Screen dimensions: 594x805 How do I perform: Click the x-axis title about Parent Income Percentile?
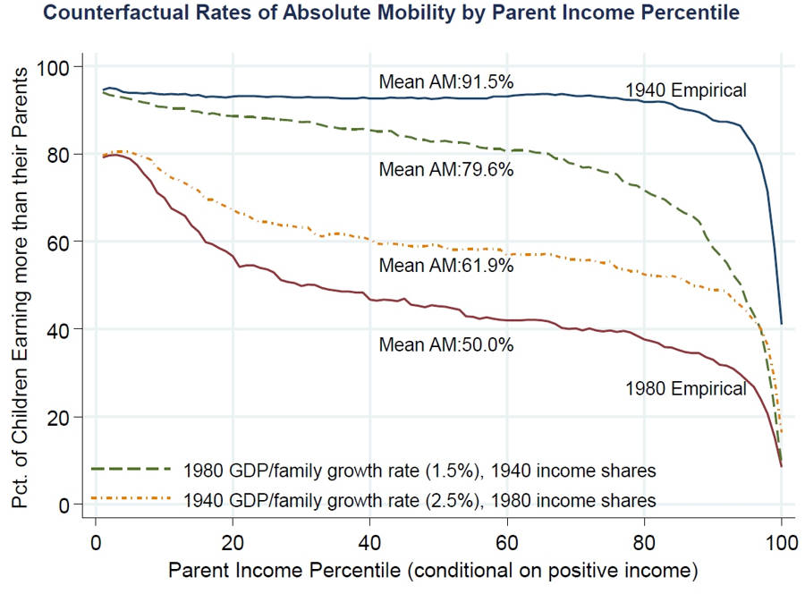click(x=438, y=568)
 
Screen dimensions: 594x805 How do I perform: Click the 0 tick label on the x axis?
click(x=95, y=542)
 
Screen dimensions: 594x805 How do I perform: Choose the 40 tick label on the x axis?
click(x=369, y=542)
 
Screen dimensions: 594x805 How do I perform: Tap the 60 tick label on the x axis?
click(x=507, y=542)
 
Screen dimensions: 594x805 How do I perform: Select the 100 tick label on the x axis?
click(x=781, y=542)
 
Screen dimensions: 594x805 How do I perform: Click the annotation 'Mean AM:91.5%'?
click(x=446, y=81)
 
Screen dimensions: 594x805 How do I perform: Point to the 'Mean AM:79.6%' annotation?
click(x=446, y=168)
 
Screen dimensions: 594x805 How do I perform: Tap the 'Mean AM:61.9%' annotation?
click(x=446, y=265)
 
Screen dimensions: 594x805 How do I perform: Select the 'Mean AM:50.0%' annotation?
click(x=446, y=344)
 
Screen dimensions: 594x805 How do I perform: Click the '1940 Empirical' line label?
click(x=685, y=89)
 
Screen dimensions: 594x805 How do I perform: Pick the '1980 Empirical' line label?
click(x=685, y=388)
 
